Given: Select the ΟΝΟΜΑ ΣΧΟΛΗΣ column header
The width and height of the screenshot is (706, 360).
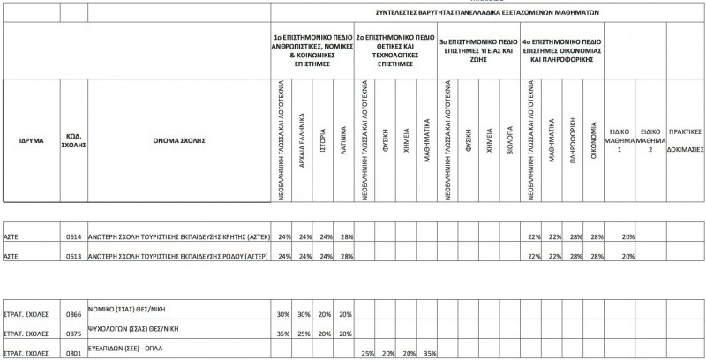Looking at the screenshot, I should [178, 140].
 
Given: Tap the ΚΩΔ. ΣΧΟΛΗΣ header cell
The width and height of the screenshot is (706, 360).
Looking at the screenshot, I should [75, 140].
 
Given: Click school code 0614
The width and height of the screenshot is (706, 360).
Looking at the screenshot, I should [73, 237].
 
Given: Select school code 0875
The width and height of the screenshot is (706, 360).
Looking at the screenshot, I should [73, 334].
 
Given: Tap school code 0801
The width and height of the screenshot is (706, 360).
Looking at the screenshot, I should [73, 352].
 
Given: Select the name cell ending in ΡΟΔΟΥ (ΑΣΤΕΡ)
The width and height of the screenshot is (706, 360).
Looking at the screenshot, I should [178, 256].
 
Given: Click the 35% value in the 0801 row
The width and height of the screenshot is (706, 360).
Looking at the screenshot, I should [430, 354].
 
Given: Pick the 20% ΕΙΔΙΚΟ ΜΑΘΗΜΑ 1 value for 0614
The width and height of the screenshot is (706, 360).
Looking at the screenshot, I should [627, 237].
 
